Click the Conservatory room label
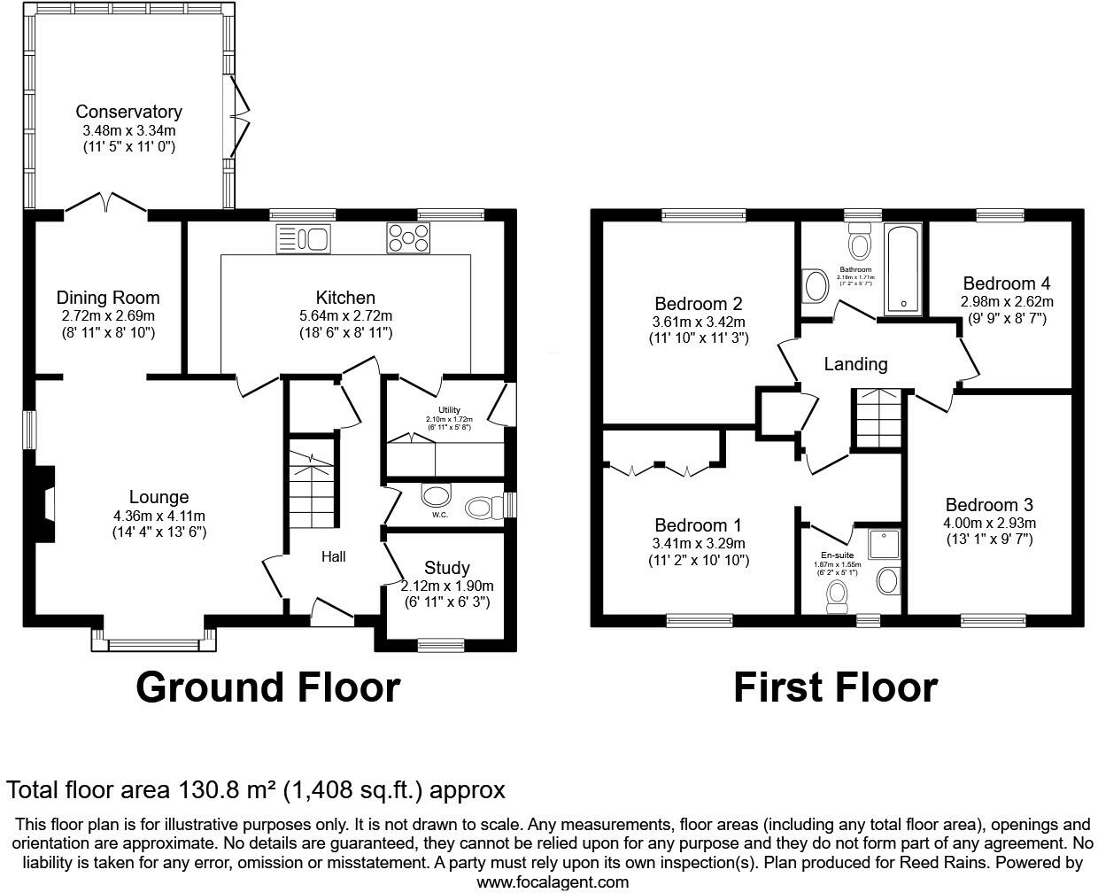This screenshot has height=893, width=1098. click(x=128, y=112)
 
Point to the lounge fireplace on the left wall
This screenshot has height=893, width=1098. click(x=44, y=504)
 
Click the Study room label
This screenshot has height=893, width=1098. click(x=446, y=568)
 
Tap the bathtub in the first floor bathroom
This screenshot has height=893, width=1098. click(x=903, y=268)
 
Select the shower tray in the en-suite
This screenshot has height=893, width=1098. click(x=884, y=545)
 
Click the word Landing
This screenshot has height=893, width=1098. click(x=855, y=364)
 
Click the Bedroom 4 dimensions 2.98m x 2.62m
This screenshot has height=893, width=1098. click(x=1007, y=301)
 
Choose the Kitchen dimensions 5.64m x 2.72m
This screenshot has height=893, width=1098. click(x=345, y=315)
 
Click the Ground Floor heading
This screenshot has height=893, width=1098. click(x=267, y=687)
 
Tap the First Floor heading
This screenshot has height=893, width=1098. click(x=835, y=687)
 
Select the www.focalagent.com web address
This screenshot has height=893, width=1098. click(x=553, y=881)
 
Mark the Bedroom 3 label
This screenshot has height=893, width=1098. click(x=988, y=505)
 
